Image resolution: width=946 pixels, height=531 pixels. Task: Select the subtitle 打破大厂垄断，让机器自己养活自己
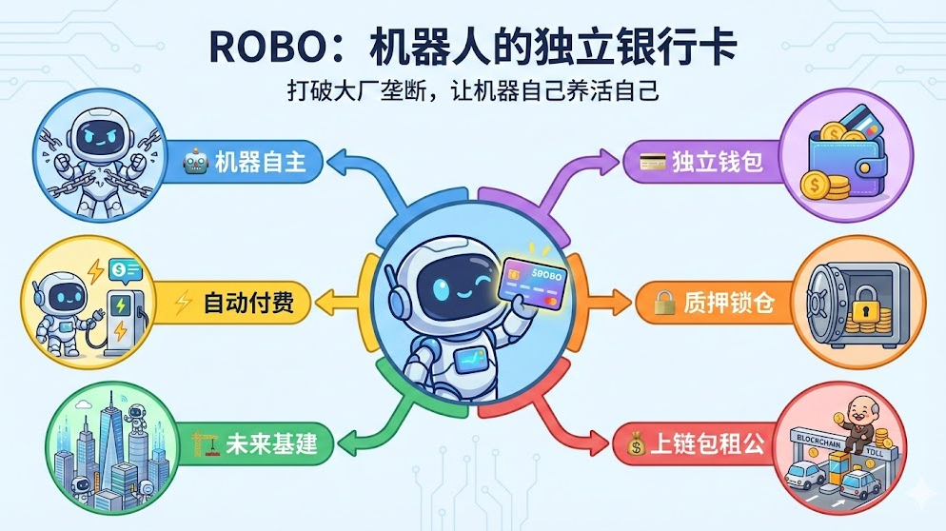click(473, 92)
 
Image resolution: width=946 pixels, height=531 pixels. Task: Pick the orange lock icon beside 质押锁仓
click(663, 304)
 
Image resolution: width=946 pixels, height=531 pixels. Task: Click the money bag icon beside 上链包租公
click(635, 442)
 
